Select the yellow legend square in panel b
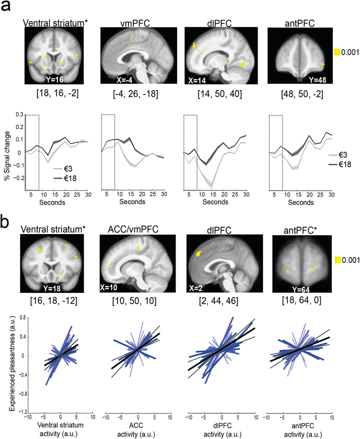click(337, 259)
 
